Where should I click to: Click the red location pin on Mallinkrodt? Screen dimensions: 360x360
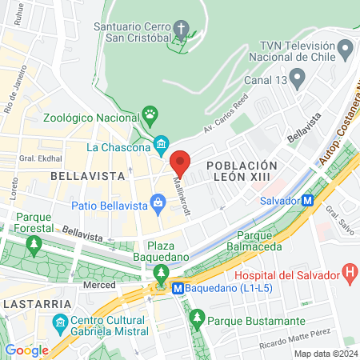click(x=180, y=162)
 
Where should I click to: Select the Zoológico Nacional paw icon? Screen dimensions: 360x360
click(x=149, y=114)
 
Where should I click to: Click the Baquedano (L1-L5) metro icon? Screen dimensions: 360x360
click(x=179, y=286)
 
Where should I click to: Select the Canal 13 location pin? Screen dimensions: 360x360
click(x=297, y=78)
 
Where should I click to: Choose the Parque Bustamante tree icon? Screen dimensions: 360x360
click(x=197, y=320)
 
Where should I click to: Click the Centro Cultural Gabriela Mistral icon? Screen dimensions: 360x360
click(x=58, y=324)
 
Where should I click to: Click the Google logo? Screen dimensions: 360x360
click(x=26, y=350)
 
